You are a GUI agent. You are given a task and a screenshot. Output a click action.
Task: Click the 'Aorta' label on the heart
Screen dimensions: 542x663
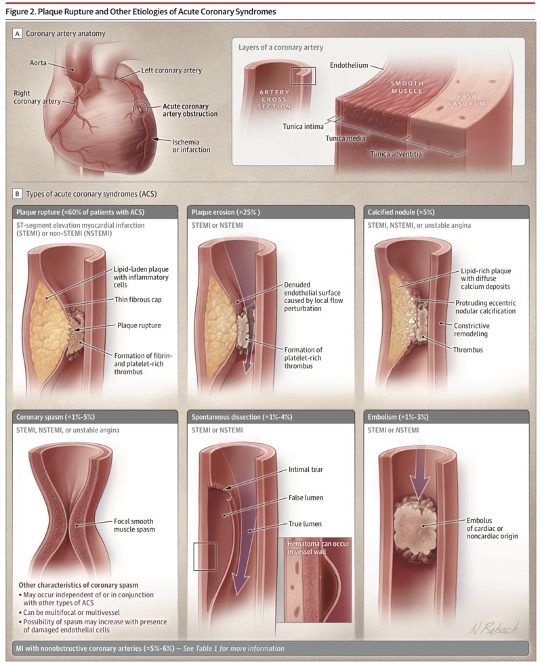38,62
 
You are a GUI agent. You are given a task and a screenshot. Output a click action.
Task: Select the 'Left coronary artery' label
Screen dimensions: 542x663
171,71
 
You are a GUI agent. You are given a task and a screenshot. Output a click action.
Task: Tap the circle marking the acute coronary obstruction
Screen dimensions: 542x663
140,109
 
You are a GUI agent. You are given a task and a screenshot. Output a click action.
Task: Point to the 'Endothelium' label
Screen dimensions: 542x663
348,66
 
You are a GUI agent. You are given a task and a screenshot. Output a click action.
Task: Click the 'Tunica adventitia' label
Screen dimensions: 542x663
396,154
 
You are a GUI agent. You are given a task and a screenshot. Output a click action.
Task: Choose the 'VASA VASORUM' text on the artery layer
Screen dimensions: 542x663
466,100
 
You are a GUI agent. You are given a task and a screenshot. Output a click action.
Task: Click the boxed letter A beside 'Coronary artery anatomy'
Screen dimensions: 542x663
18,33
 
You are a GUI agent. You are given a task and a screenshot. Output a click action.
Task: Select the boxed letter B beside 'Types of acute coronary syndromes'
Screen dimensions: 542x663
18,194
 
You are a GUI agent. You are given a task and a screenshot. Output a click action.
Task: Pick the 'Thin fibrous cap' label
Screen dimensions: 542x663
138,300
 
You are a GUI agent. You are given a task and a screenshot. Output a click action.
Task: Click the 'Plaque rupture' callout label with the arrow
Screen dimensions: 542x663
139,325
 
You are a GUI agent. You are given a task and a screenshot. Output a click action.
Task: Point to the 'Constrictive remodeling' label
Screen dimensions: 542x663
472,330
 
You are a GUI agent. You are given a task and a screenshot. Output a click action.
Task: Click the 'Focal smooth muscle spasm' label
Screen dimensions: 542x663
134,525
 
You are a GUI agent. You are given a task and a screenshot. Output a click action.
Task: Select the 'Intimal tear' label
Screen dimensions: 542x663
306,469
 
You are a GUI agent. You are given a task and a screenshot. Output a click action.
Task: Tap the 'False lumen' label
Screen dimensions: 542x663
306,498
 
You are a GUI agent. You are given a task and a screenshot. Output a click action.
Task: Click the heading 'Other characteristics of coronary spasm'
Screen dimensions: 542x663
78,585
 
